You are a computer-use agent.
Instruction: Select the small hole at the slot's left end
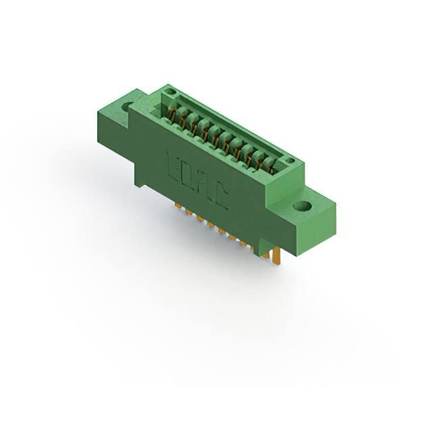tap(169, 92)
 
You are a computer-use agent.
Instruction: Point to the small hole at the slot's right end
tap(290, 161)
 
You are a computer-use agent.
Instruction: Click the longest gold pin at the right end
tap(277, 257)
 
